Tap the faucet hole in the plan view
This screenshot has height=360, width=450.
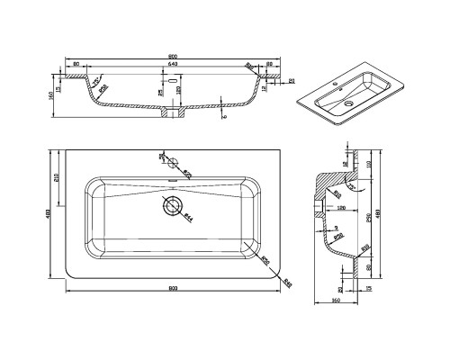(x=168, y=159)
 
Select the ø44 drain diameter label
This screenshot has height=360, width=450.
(x=187, y=217)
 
